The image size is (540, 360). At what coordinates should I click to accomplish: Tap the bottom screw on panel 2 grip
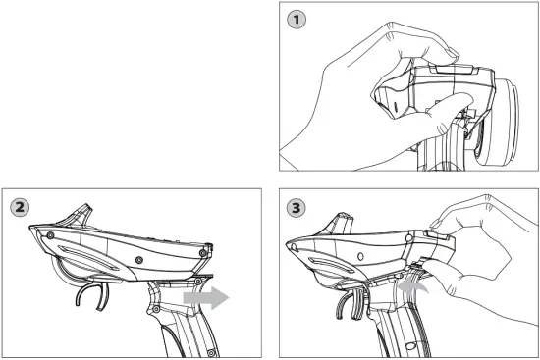[210, 352]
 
